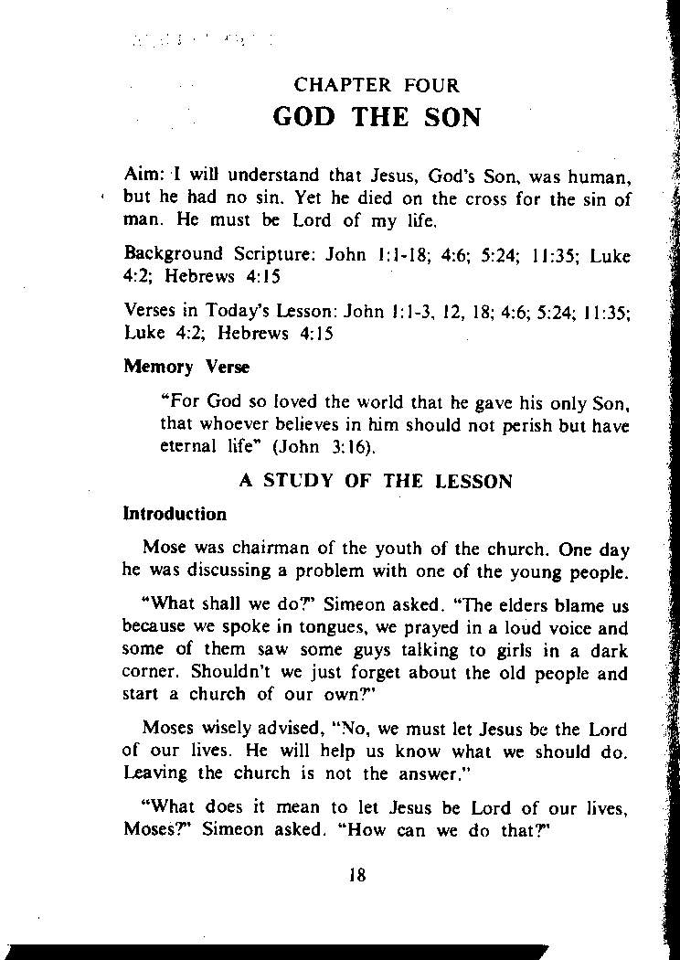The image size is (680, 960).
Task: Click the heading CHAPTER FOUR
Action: click(377, 86)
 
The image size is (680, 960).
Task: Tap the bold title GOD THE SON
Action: click(377, 119)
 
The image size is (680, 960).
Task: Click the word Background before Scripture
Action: click(173, 254)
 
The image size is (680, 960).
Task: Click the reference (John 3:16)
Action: click(332, 448)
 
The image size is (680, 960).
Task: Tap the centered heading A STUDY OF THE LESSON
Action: click(376, 481)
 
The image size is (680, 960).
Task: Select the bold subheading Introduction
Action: click(175, 514)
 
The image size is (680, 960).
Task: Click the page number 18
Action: click(357, 874)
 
